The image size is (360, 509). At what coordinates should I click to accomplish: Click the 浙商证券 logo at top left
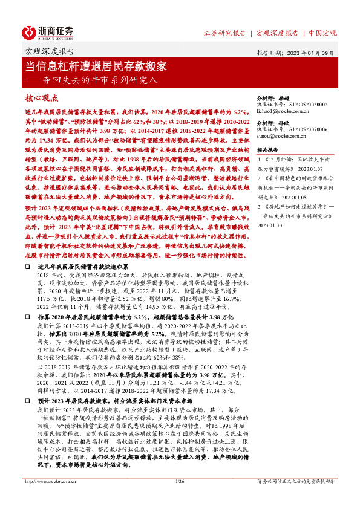coord(48,31)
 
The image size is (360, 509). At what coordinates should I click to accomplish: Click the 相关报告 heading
coord(268,149)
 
